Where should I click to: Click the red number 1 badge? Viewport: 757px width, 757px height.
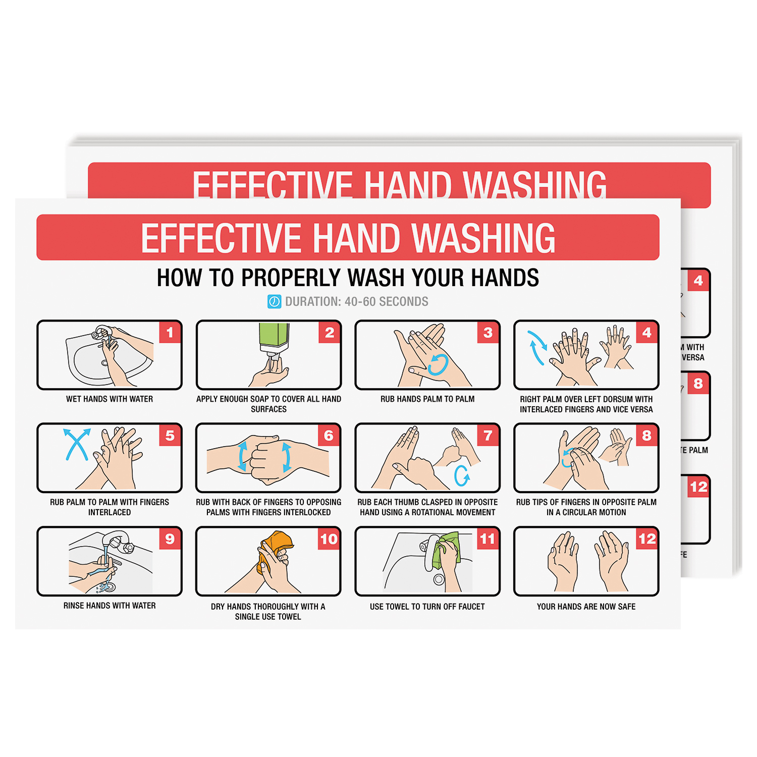click(x=170, y=333)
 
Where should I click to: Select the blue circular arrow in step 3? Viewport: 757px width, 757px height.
click(x=438, y=364)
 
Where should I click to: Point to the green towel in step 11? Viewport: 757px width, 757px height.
click(x=447, y=549)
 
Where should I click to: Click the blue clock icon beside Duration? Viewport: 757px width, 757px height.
click(x=274, y=302)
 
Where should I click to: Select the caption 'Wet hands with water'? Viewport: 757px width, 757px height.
click(x=110, y=399)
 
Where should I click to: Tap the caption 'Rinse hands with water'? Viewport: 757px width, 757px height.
click(x=110, y=606)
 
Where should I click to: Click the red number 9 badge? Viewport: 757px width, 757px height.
click(x=170, y=539)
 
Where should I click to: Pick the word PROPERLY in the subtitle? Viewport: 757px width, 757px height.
click(x=291, y=278)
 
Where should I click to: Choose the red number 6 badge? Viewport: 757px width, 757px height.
click(x=329, y=436)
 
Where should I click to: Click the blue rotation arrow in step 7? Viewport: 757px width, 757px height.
click(x=462, y=475)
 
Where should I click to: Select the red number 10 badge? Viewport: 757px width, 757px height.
click(x=329, y=539)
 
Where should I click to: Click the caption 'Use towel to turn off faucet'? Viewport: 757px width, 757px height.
click(x=427, y=607)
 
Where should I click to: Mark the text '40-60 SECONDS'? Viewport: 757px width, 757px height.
click(x=387, y=302)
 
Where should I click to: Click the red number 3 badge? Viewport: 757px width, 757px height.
click(x=488, y=333)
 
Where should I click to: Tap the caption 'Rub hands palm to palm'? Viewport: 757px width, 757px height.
click(x=427, y=399)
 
